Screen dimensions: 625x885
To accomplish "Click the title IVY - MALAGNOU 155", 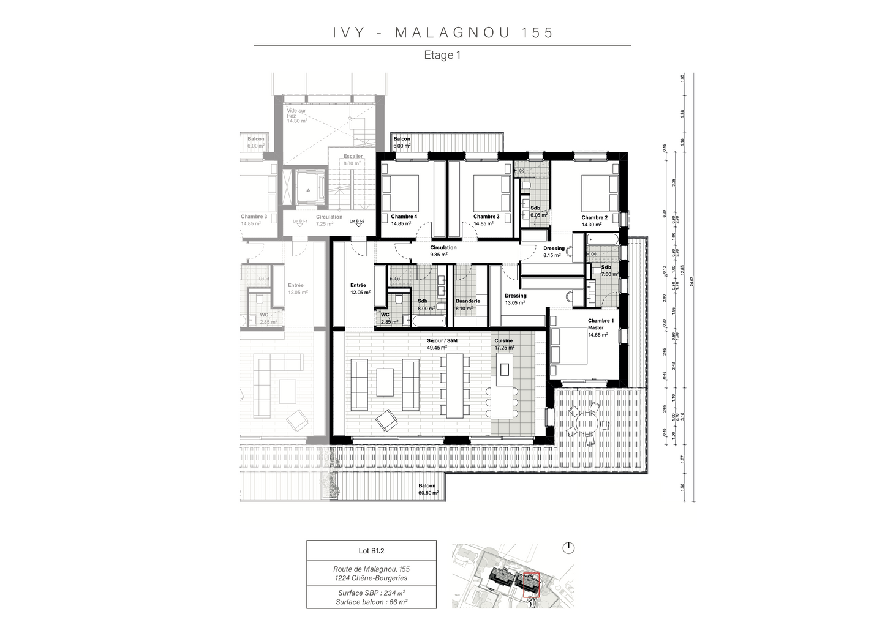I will pos(443,32).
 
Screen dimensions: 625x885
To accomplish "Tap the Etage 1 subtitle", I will pos(442,55).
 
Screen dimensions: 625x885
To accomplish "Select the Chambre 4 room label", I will pos(404,217).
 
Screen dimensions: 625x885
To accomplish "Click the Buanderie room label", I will pos(467,301).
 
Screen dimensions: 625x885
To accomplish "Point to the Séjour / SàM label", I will pos(442,340).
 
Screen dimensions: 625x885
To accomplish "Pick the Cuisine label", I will pos(503,340).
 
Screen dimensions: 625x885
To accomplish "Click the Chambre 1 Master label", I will pos(600,324).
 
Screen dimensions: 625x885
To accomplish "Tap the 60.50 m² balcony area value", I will pos(428,493).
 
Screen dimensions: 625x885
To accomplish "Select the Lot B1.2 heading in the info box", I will pos(371,550).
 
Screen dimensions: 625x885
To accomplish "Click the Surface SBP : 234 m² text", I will pos(371,593).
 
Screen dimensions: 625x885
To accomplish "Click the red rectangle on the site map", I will pos(530,585).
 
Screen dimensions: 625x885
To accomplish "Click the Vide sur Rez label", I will pos(296,113).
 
